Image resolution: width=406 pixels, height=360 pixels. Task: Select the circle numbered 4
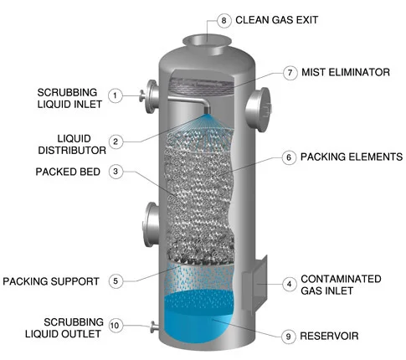(289, 284)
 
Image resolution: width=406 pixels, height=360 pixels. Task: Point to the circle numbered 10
(116, 326)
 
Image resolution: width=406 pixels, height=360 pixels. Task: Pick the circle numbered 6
(289, 157)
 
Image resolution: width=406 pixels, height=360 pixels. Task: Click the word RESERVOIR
(331, 337)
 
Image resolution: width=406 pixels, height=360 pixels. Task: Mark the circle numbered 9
(289, 337)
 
